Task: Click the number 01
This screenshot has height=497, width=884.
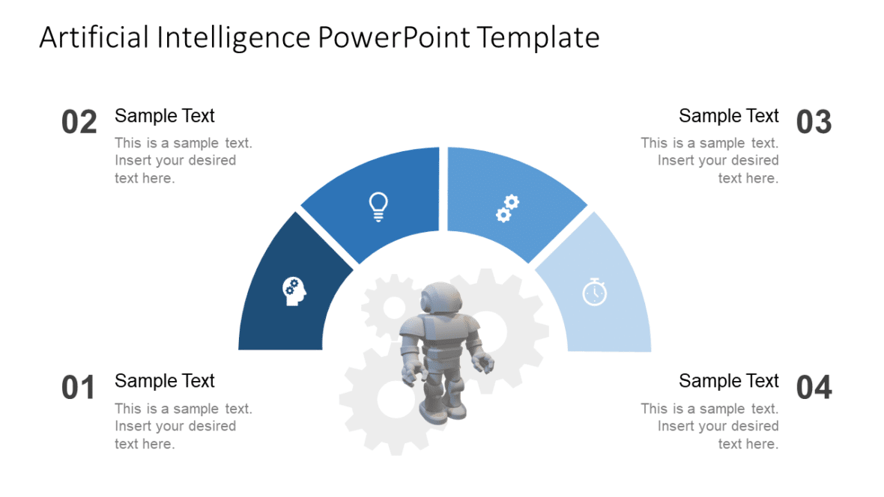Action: (79, 388)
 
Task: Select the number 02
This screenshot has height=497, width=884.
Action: (79, 122)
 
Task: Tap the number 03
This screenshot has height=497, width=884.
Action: (814, 122)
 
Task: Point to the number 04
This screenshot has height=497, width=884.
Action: (814, 388)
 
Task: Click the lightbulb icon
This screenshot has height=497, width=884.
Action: (379, 207)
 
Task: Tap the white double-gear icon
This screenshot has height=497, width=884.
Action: (507, 207)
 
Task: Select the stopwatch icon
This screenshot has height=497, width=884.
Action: (595, 291)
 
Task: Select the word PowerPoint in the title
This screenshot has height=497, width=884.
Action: (393, 37)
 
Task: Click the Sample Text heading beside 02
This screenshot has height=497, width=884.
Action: (165, 116)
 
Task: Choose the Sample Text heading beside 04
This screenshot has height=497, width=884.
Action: (729, 381)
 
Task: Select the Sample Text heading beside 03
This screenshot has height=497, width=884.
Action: (729, 116)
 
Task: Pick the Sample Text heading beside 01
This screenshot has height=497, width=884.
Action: (165, 381)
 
